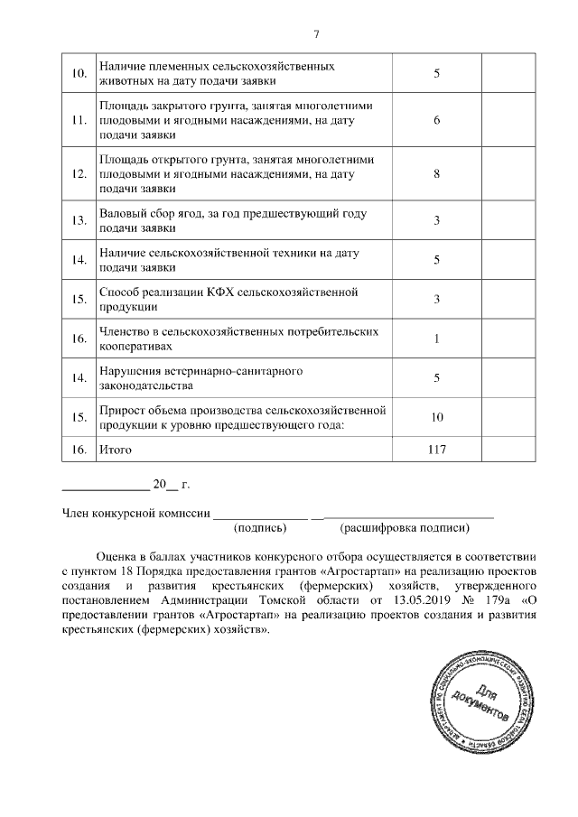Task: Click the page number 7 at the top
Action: click(316, 35)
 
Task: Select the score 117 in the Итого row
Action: click(436, 449)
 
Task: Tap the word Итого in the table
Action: click(116, 449)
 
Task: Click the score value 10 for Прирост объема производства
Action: click(436, 418)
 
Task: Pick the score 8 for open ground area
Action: click(436, 174)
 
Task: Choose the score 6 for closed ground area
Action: click(436, 120)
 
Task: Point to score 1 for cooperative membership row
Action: click(436, 339)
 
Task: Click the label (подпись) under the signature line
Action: click(260, 527)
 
